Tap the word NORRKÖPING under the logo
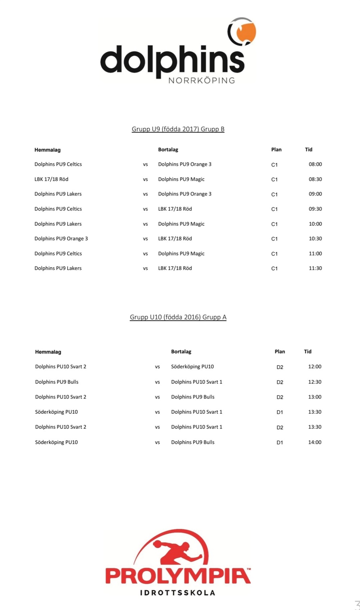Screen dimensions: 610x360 202,81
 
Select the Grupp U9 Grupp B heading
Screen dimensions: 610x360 178,129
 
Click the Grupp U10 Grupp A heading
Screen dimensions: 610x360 178,317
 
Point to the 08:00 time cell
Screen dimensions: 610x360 315,164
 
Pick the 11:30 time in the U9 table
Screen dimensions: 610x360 315,268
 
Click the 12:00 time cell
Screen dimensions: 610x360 315,367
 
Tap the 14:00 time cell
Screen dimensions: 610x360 315,442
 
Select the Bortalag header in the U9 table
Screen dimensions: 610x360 168,149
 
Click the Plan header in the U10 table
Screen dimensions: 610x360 280,351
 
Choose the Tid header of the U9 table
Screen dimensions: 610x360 309,149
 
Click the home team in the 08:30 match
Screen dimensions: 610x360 51,179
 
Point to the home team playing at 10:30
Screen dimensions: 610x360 61,238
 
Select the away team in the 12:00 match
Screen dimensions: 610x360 192,367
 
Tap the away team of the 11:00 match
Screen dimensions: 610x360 181,254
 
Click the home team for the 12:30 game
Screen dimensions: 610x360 57,382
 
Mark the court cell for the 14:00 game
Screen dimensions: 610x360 280,443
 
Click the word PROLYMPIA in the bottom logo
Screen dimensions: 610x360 178,576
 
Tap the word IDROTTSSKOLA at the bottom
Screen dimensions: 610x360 177,593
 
